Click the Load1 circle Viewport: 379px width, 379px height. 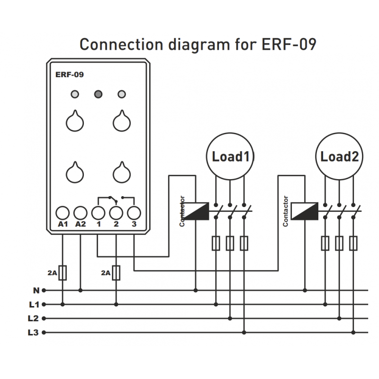(x=230, y=156)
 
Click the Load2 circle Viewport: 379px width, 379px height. (x=339, y=156)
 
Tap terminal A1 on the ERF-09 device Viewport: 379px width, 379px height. (x=63, y=213)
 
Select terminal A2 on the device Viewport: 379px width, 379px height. (x=81, y=213)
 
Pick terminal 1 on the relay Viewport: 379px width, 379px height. (x=98, y=213)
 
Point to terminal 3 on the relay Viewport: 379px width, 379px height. (x=134, y=213)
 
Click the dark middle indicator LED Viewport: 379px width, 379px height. (x=99, y=93)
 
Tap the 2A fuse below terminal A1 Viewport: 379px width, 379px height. (x=63, y=273)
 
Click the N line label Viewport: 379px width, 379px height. (x=36, y=290)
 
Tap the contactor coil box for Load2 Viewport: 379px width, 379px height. (x=305, y=211)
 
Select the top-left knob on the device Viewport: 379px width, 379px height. (x=74, y=122)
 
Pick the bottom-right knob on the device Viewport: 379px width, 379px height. (x=122, y=173)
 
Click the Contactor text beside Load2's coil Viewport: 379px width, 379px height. (x=286, y=211)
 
